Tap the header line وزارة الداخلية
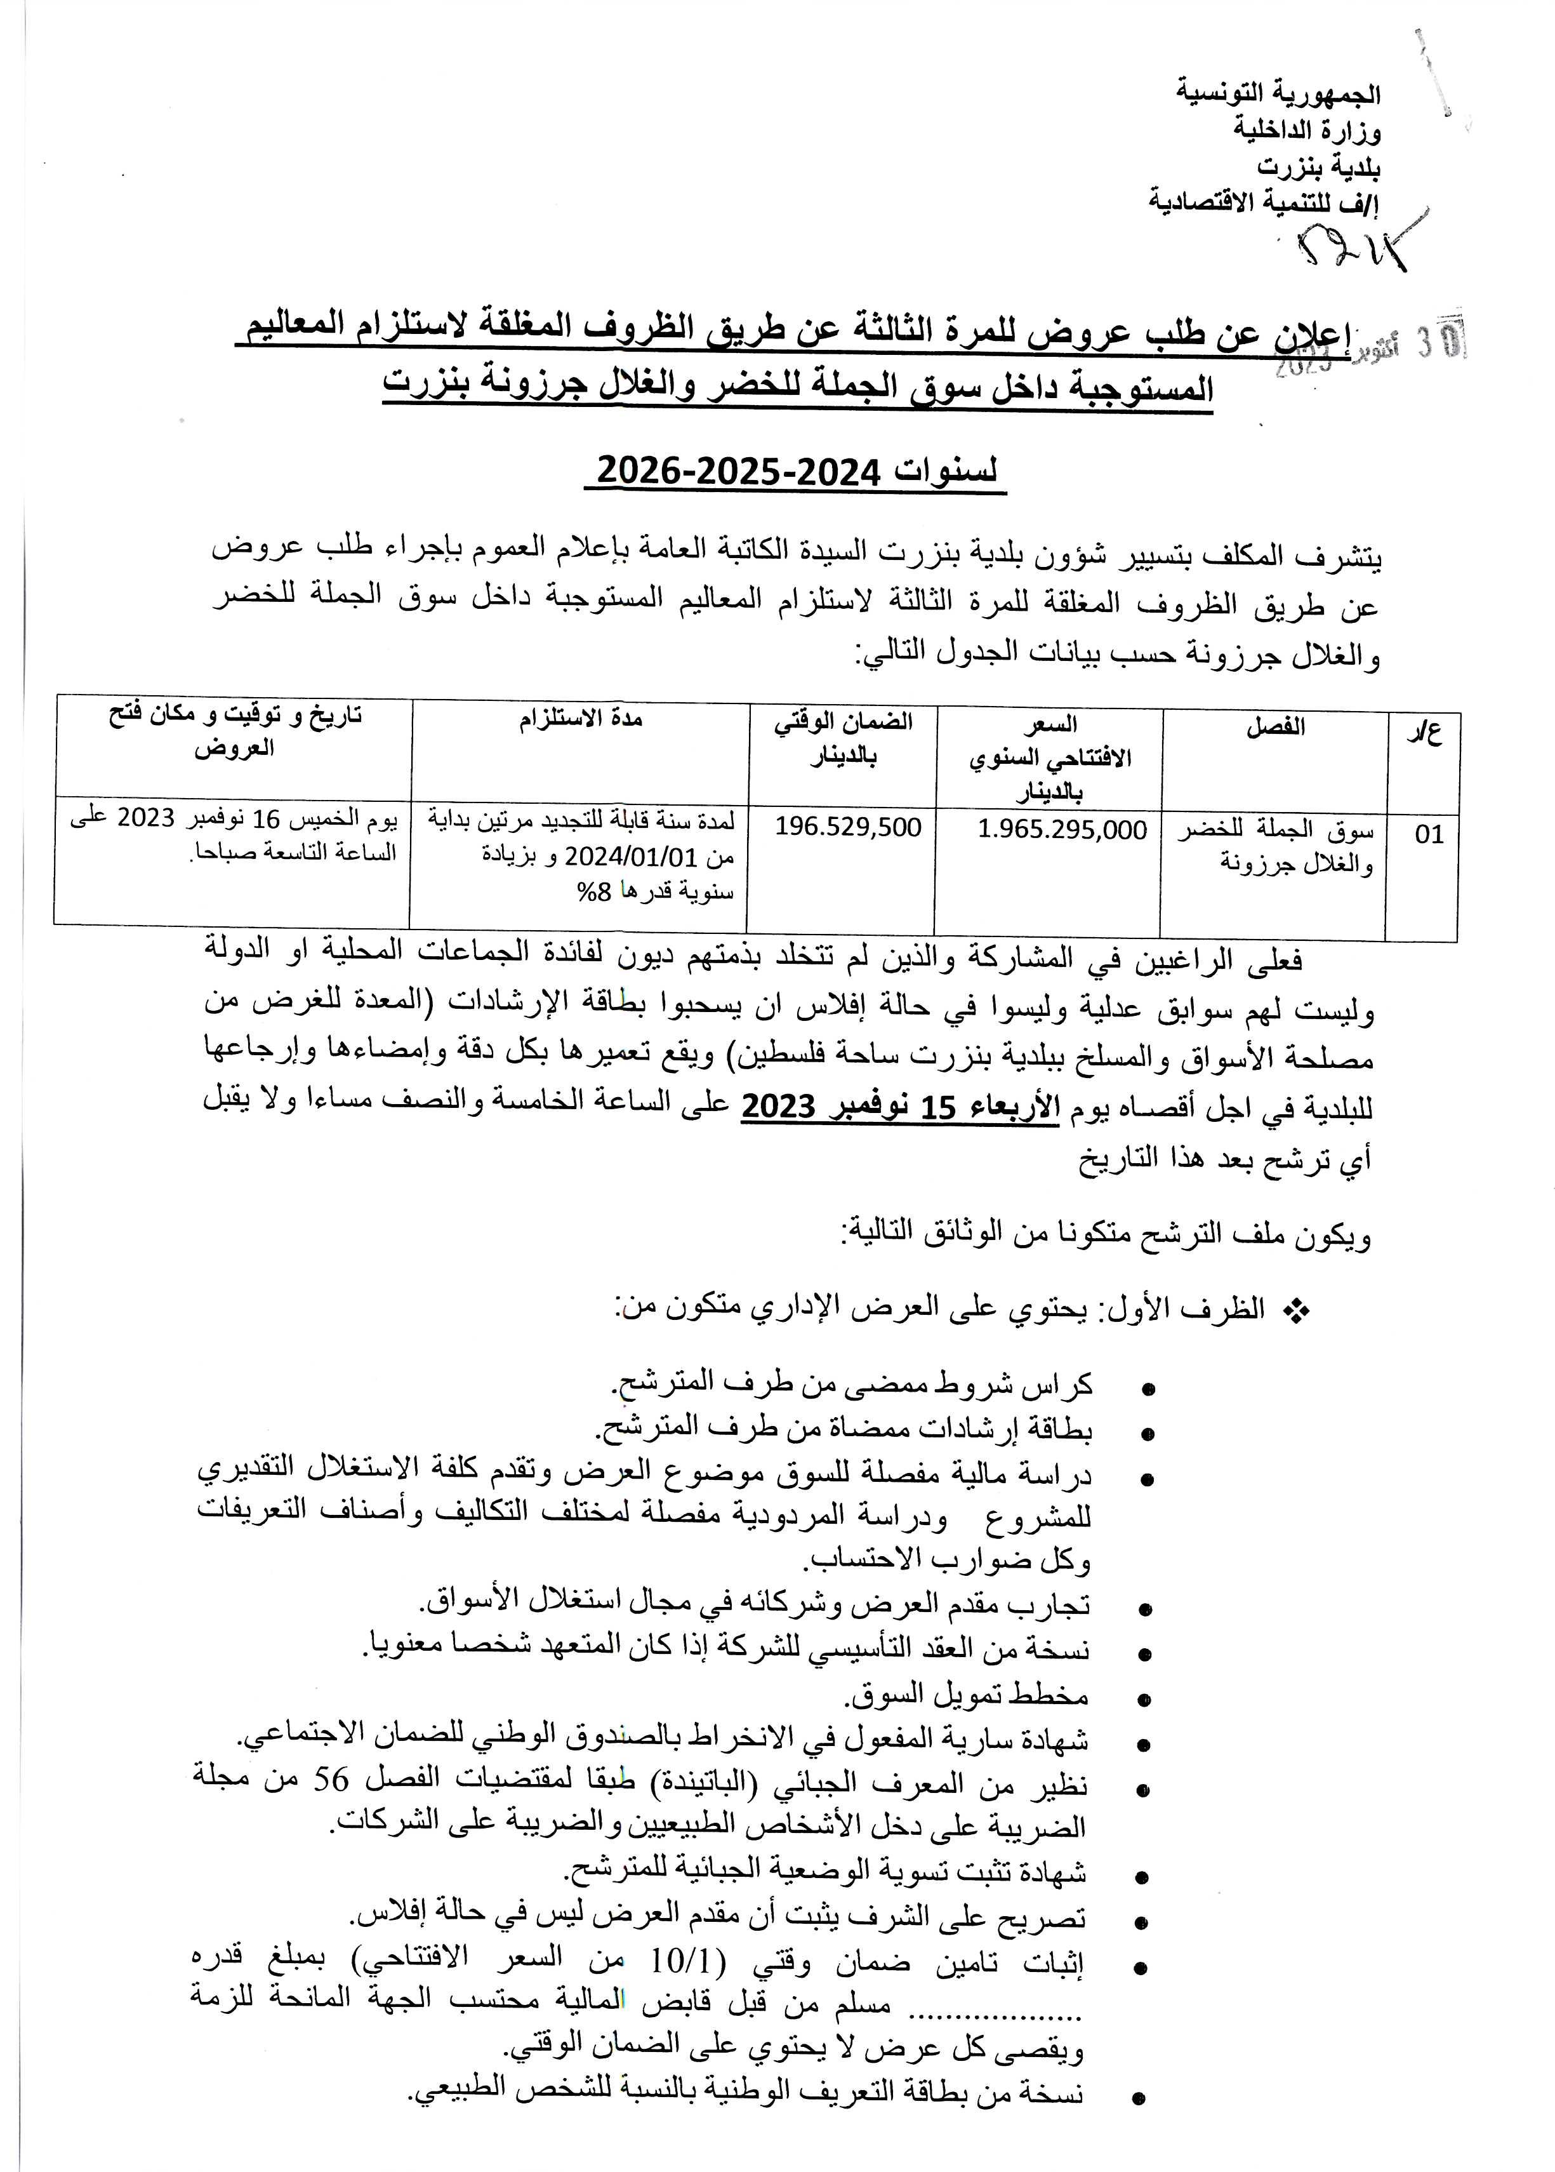pos(1306,130)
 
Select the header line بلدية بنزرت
pos(1318,166)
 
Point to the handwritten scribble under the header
pos(1350,249)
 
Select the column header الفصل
pos(1274,727)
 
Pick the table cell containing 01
pos(1429,834)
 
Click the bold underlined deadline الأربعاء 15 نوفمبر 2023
pos(900,1107)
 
